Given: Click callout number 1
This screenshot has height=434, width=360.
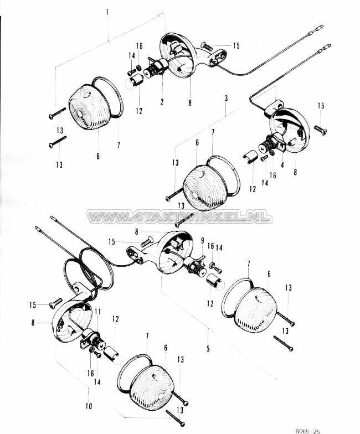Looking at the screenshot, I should pos(107,11).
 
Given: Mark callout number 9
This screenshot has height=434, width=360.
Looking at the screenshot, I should pos(203,240).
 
